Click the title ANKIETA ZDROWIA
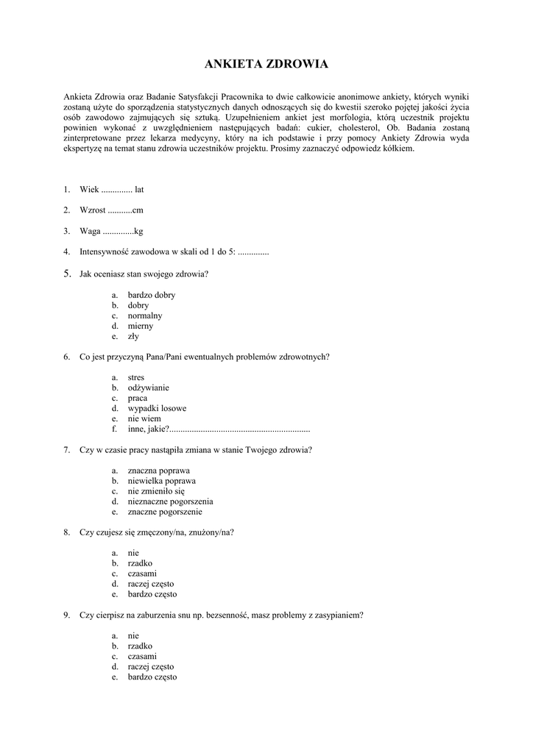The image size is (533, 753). point(266,65)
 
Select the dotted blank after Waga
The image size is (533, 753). point(118,232)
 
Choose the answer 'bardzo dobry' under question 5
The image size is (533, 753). point(151,295)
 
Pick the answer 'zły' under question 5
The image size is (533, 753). point(133,336)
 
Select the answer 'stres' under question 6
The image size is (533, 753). point(136,377)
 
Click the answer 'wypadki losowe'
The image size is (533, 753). point(157,408)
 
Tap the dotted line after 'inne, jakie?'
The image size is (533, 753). point(240,429)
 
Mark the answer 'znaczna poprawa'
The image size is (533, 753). point(158,470)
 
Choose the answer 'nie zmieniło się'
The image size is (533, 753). point(156,490)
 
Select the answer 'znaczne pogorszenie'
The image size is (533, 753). point(165,511)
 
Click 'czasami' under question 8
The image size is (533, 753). point(142,573)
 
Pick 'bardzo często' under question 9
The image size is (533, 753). point(152,677)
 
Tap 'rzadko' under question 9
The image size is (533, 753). point(140,646)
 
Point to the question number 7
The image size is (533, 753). point(66,449)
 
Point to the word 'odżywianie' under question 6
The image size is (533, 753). point(148,388)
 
